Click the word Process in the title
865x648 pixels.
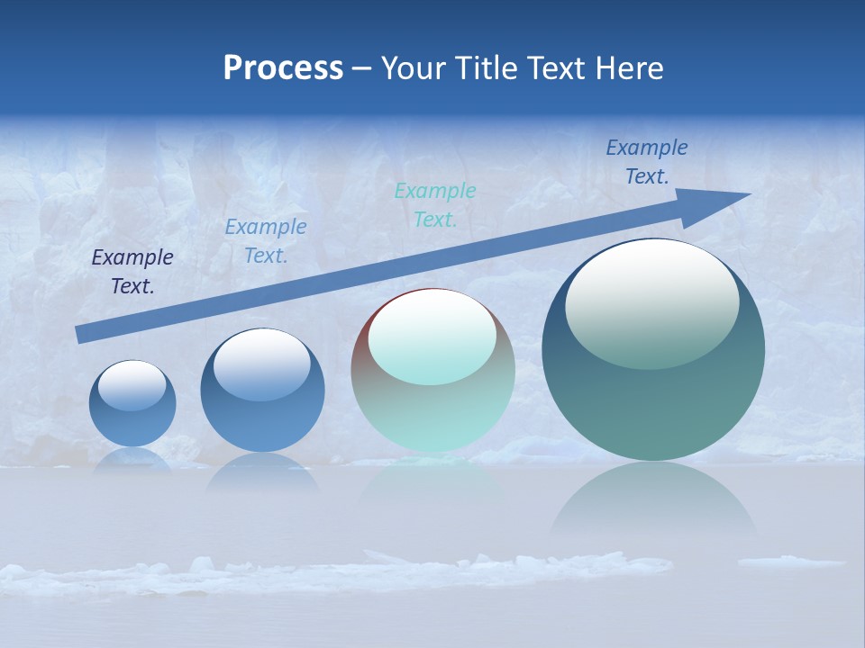pos(283,68)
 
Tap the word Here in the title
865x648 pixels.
pos(628,68)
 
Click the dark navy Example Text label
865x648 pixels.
pos(132,272)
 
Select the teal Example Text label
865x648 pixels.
pos(435,204)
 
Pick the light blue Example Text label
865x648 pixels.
pos(266,241)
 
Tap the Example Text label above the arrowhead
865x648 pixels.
pos(647,162)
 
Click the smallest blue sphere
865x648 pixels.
pos(132,403)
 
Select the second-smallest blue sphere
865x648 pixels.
pos(262,390)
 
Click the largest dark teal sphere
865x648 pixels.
pos(653,350)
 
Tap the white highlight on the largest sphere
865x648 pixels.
pos(651,301)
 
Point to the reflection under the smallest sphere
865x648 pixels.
pos(132,459)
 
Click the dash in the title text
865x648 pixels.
pos(361,68)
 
